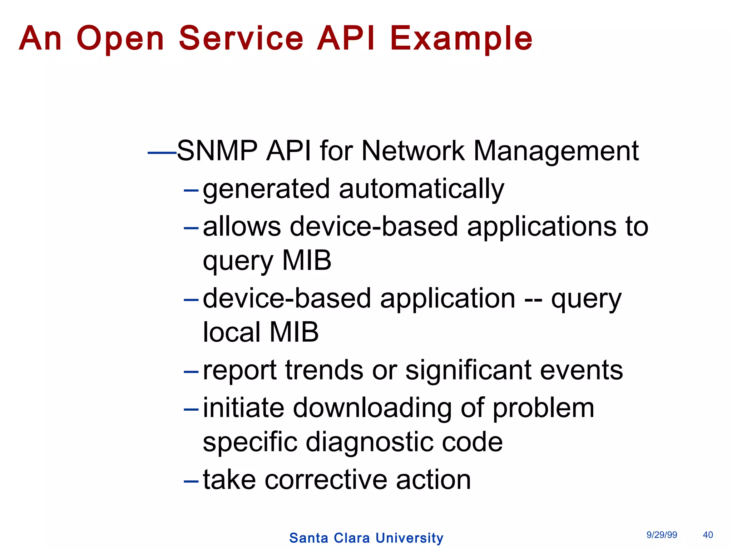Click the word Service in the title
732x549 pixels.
(x=241, y=38)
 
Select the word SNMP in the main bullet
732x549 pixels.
(x=217, y=151)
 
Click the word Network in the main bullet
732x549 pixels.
(x=412, y=151)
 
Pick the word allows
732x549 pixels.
(x=242, y=226)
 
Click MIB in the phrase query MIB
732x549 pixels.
(x=307, y=260)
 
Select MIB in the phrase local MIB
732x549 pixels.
(x=294, y=332)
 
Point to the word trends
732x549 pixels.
(x=324, y=370)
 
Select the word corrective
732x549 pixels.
(x=326, y=480)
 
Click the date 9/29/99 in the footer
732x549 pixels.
(x=662, y=535)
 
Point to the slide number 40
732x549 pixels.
(x=708, y=535)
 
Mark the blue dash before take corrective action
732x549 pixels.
(x=191, y=481)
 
